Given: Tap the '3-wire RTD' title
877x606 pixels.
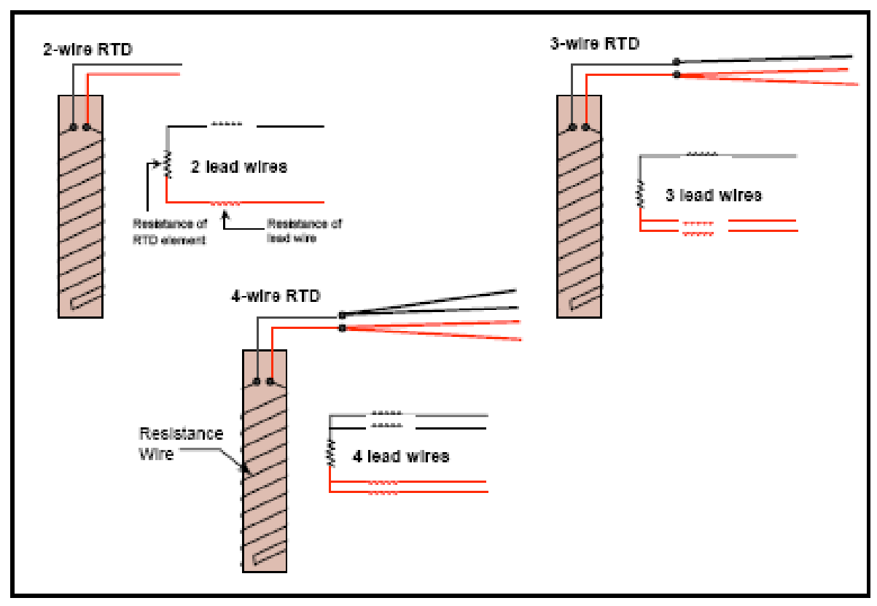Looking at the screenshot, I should (x=594, y=44).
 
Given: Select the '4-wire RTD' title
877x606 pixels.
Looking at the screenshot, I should (x=276, y=296).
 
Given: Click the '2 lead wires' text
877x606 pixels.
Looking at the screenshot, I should (x=239, y=167).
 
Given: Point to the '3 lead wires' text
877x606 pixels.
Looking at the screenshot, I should (x=714, y=195).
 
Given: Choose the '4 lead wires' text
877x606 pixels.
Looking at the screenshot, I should (x=401, y=457).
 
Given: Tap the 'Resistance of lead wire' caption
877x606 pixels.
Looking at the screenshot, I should (x=304, y=230).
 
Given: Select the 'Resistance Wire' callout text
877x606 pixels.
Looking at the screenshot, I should (x=181, y=443).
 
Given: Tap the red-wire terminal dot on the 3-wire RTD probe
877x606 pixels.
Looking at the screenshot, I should (x=586, y=128).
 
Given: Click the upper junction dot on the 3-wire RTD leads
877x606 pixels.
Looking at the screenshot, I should (x=677, y=61).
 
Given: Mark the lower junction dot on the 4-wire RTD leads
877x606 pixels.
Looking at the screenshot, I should (x=342, y=328).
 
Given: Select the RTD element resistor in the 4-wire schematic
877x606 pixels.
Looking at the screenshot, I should (x=330, y=453).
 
